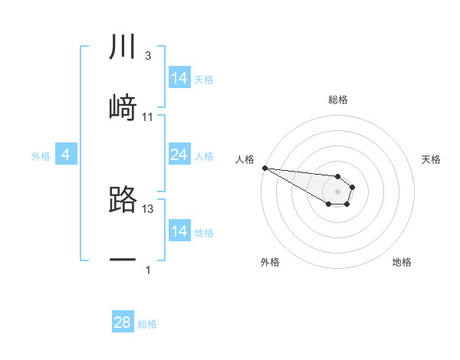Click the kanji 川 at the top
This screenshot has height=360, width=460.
tap(123, 47)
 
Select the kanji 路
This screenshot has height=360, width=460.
tap(123, 199)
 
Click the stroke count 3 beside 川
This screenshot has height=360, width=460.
tap(147, 56)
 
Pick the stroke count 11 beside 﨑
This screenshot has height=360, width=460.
tap(148, 116)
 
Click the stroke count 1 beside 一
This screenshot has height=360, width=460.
tap(148, 270)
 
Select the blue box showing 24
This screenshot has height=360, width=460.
tap(179, 155)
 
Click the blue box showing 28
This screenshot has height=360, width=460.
tap(122, 322)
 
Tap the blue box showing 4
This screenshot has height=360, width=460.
tap(66, 155)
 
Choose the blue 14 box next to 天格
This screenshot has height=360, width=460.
tap(179, 78)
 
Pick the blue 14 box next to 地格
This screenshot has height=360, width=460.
tap(179, 231)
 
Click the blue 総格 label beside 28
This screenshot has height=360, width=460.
tap(147, 324)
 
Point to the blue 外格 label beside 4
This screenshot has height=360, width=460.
tap(41, 156)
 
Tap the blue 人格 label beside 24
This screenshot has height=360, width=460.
tap(204, 156)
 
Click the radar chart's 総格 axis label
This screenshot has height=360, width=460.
tap(337, 100)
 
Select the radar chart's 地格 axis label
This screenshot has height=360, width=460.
tap(402, 262)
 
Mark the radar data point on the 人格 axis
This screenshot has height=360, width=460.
tap(264, 168)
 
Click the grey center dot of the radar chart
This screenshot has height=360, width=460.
tap(337, 191)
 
